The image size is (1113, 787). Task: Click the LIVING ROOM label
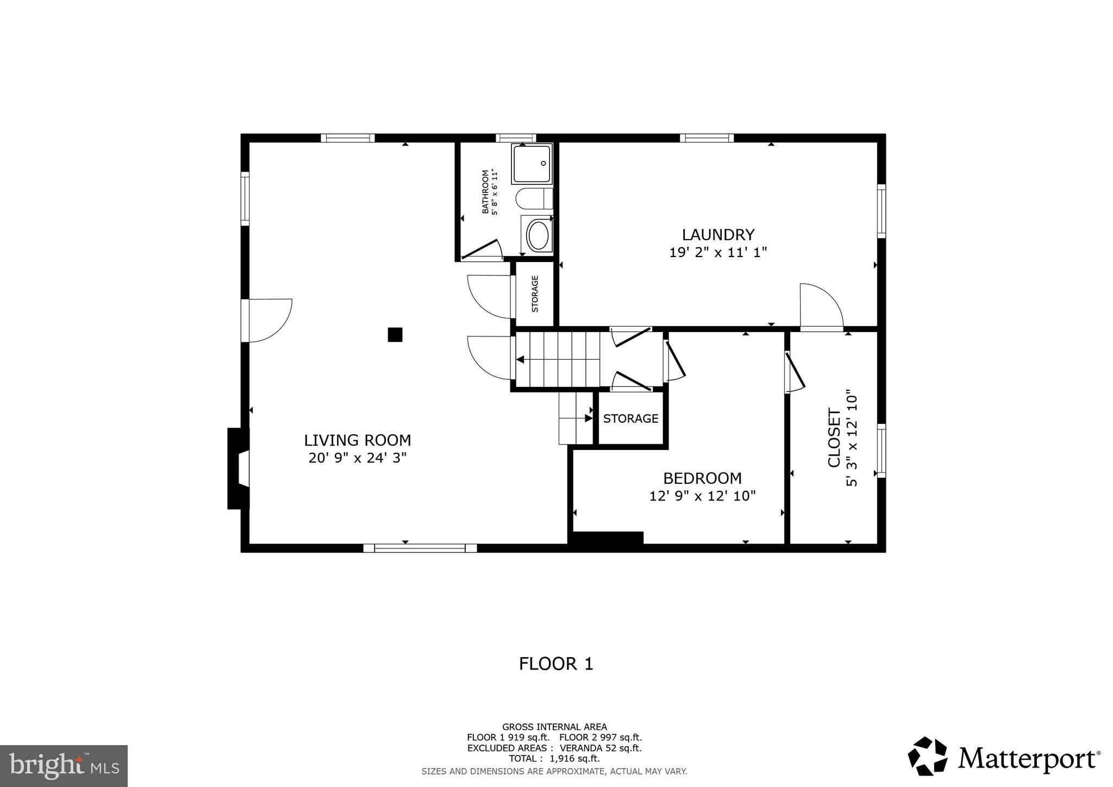(x=357, y=440)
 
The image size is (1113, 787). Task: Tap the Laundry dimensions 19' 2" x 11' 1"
(x=717, y=253)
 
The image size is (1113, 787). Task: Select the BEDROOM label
(x=702, y=478)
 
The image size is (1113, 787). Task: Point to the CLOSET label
(x=834, y=438)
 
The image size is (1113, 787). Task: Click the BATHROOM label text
(x=485, y=192)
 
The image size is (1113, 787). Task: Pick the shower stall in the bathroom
(x=532, y=164)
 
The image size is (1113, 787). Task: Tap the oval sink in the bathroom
(x=538, y=235)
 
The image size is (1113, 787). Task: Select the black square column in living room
(x=395, y=334)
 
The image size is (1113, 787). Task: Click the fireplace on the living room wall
(x=238, y=469)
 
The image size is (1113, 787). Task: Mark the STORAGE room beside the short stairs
(x=630, y=419)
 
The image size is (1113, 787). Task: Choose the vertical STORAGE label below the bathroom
(x=535, y=293)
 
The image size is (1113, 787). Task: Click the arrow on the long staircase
(x=520, y=359)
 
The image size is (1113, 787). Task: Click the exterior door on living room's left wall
(x=269, y=321)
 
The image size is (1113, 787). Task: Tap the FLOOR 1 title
(x=555, y=664)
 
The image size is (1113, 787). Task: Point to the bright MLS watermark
(x=64, y=766)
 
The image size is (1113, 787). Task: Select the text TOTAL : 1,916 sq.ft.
(x=554, y=759)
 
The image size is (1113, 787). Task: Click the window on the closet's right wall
(x=881, y=451)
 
